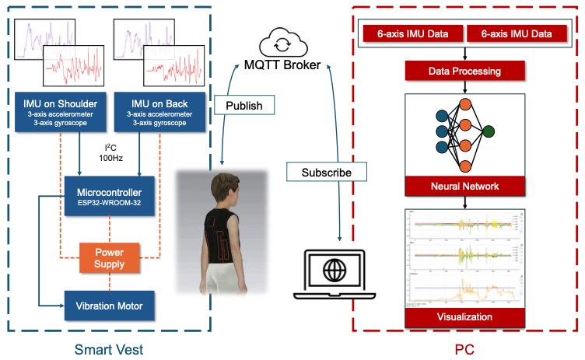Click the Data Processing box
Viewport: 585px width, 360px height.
tap(464, 72)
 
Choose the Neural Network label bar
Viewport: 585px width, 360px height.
tap(464, 187)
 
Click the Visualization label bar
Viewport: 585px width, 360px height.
tap(464, 317)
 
